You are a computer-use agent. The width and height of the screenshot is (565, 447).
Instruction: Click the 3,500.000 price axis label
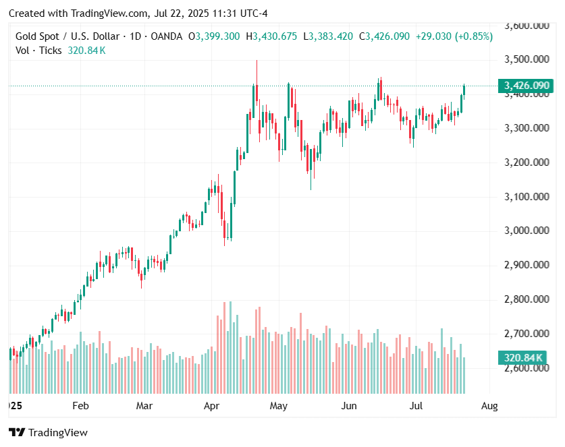pyautogui.click(x=527, y=59)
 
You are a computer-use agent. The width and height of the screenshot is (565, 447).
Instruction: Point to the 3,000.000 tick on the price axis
pyautogui.click(x=527, y=231)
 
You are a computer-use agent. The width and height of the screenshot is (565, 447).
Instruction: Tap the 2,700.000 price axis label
pyautogui.click(x=527, y=334)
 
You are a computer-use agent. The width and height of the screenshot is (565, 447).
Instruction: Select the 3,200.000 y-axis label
pyautogui.click(x=527, y=162)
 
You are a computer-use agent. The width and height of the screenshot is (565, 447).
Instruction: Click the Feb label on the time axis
pyautogui.click(x=80, y=406)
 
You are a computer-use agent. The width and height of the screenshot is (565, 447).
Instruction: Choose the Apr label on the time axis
pyautogui.click(x=213, y=406)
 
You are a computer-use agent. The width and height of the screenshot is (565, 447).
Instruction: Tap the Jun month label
pyautogui.click(x=349, y=406)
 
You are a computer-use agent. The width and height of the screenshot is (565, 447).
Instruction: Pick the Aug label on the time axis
pyautogui.click(x=489, y=406)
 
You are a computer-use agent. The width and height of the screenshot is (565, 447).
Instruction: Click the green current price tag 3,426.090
pyautogui.click(x=527, y=86)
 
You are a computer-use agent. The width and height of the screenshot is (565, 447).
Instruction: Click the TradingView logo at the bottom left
pyautogui.click(x=48, y=432)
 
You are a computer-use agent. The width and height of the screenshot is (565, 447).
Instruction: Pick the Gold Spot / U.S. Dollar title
pyautogui.click(x=68, y=36)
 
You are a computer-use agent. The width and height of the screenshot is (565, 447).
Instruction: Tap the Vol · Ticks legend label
pyautogui.click(x=38, y=51)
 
